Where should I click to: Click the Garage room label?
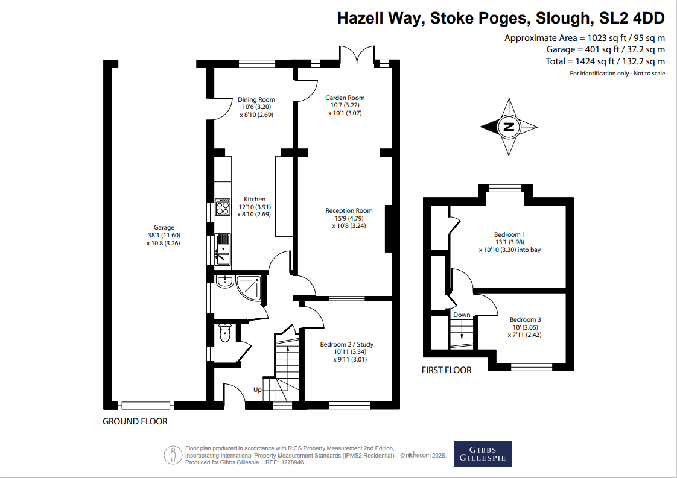tap(164, 227)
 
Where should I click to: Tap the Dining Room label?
tap(256, 99)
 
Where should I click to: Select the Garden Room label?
tap(345, 98)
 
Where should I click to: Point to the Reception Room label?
tap(349, 210)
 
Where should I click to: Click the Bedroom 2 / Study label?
tap(347, 344)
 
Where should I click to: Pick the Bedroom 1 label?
tap(509, 234)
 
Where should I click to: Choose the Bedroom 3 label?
tap(525, 319)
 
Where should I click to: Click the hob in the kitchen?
tap(223, 207)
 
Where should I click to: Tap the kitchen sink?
tap(223, 250)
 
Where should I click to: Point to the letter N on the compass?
tap(509, 127)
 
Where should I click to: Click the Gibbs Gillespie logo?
tap(482, 454)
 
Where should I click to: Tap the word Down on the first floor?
tap(462, 315)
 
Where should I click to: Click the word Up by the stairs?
tap(257, 389)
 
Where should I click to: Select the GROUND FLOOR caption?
tap(135, 421)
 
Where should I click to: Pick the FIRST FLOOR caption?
tap(447, 370)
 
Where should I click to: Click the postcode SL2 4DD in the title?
tap(632, 18)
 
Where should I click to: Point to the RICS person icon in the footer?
tap(173, 454)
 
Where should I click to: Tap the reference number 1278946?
tap(292, 462)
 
